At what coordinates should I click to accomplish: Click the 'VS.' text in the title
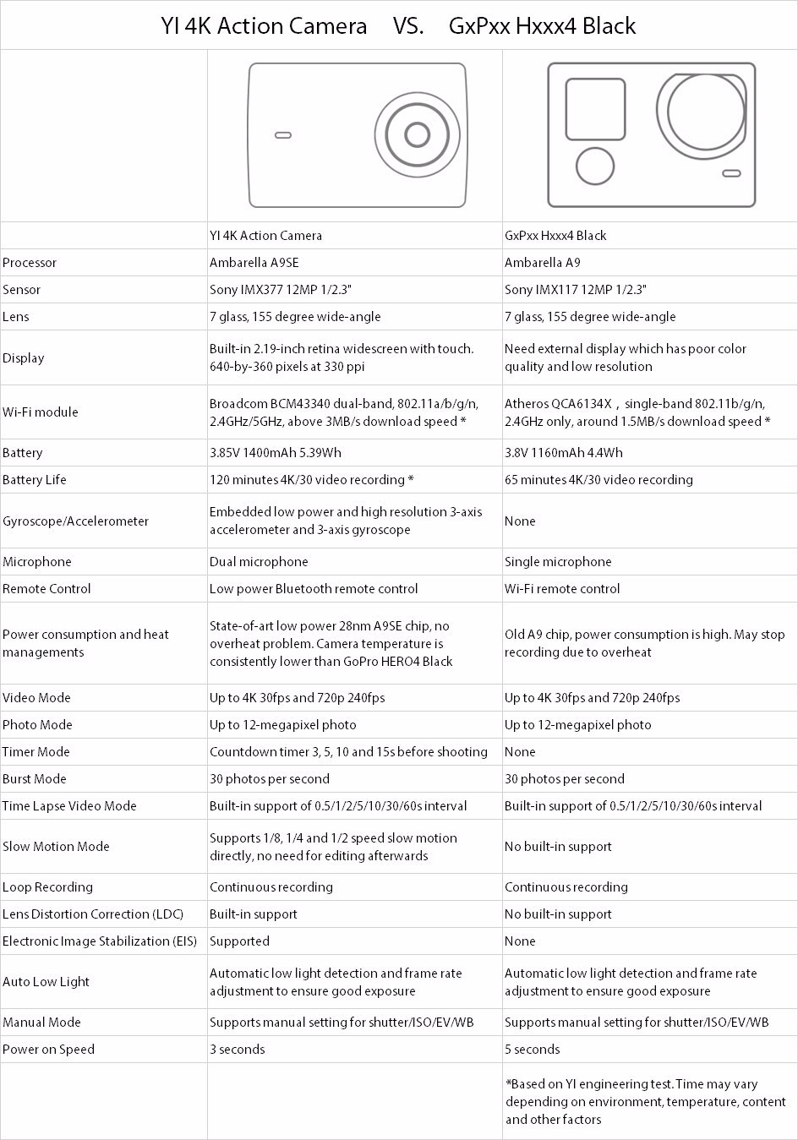408,26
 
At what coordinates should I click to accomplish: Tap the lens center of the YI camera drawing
417,134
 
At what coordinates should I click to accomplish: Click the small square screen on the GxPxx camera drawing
595,109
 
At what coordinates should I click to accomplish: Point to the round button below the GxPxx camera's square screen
595,165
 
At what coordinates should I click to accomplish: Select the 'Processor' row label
30,263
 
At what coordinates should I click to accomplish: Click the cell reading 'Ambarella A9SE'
254,263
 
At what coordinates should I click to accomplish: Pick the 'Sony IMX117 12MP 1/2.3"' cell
575,290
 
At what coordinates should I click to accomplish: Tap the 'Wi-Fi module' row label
40,412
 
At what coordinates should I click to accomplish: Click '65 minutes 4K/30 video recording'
598,480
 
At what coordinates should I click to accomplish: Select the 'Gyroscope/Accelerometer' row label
75,521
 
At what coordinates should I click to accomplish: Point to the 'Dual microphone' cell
259,562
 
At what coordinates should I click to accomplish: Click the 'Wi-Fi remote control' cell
562,589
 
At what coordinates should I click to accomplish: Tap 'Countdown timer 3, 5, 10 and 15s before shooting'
348,752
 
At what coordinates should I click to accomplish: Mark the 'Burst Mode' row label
34,779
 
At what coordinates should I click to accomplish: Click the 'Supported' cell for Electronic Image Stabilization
239,941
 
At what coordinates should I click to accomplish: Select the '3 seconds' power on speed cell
237,1050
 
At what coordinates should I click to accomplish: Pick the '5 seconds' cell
532,1050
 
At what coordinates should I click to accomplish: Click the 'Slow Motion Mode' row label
56,847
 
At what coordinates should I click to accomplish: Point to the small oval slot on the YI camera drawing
283,135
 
